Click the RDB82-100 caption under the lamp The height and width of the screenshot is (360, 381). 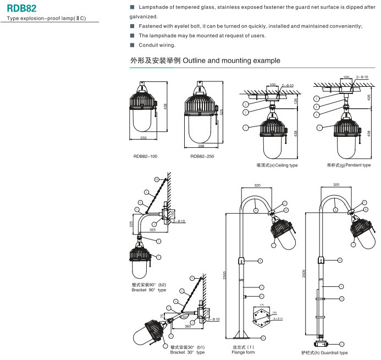click(145, 157)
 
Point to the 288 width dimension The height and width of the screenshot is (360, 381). click(201, 146)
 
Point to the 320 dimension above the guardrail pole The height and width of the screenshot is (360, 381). click(336, 185)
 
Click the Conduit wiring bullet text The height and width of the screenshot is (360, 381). click(157, 45)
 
